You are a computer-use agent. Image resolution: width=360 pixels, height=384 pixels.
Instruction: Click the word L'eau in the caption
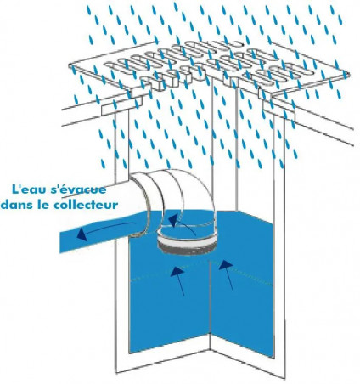[25, 189]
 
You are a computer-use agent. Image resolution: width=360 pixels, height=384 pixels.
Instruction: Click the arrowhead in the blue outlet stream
[82, 234]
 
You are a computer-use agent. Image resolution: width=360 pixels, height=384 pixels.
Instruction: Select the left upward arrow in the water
[177, 281]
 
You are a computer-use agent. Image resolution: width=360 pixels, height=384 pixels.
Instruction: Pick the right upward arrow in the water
[226, 275]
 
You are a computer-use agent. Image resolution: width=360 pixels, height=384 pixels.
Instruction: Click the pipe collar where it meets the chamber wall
[141, 206]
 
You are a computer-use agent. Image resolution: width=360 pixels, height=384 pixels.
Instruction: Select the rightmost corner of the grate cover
[348, 75]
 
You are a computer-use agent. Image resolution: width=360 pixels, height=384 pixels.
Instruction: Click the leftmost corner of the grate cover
[70, 65]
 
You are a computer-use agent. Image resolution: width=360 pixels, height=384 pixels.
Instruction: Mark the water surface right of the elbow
[244, 223]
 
